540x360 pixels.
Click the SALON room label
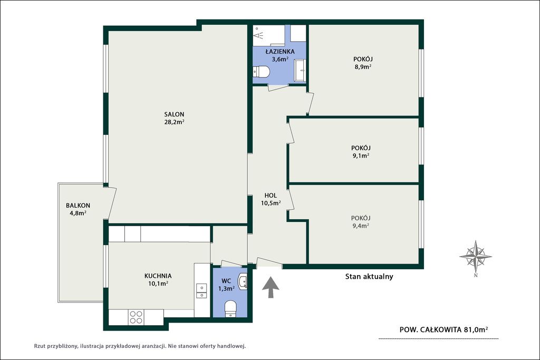pyautogui.click(x=174, y=114)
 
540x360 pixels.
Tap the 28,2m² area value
pyautogui.click(x=174, y=122)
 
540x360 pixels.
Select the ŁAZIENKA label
pyautogui.click(x=280, y=52)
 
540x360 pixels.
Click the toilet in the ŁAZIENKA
pyautogui.click(x=262, y=72)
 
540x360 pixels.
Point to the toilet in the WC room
pyautogui.click(x=230, y=308)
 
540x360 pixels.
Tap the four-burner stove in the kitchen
pyautogui.click(x=136, y=317)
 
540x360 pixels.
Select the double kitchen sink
pyautogui.click(x=201, y=291)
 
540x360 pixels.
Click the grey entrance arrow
pyautogui.click(x=271, y=287)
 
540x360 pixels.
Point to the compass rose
pyautogui.click(x=476, y=256)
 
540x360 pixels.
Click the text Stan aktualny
pyautogui.click(x=369, y=276)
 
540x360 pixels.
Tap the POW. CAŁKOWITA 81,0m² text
pyautogui.click(x=443, y=329)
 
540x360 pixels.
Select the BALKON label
pyautogui.click(x=78, y=206)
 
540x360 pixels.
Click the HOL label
pyautogui.click(x=271, y=196)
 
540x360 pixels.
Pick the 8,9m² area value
pyautogui.click(x=363, y=67)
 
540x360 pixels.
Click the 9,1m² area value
pyautogui.click(x=361, y=155)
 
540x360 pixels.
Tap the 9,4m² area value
pyautogui.click(x=361, y=226)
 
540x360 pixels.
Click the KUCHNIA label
pyautogui.click(x=158, y=276)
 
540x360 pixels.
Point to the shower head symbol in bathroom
pyautogui.click(x=258, y=34)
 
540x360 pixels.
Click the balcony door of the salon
pyautogui.click(x=111, y=203)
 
